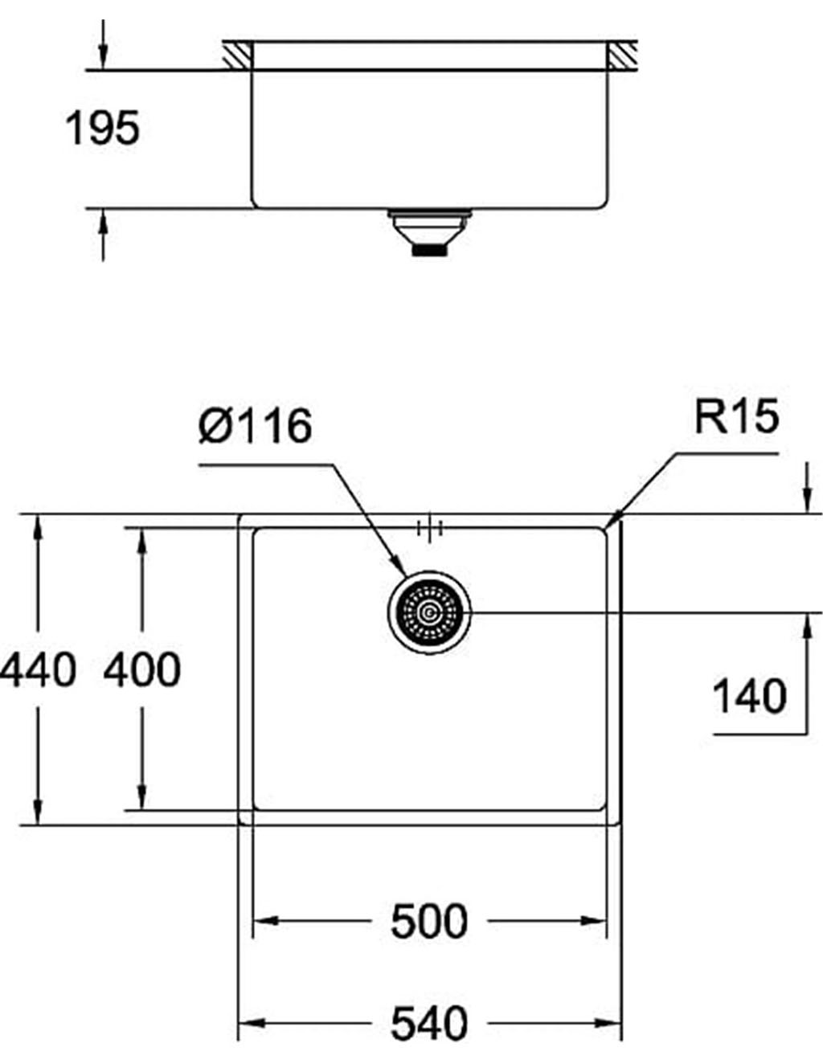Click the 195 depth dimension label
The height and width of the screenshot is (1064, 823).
[x=102, y=128]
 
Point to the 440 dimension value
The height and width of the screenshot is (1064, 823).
[x=37, y=670]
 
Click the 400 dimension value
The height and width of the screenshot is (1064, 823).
[x=142, y=670]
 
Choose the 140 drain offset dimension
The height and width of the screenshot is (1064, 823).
[x=750, y=696]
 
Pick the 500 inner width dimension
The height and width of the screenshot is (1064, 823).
[x=429, y=922]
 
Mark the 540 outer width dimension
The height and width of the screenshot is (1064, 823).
[x=429, y=1023]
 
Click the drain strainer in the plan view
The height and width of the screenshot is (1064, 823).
[x=430, y=612]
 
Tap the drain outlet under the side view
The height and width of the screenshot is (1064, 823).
[x=429, y=231]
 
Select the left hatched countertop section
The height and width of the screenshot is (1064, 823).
[x=237, y=55]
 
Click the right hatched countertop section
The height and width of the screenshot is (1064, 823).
[x=623, y=55]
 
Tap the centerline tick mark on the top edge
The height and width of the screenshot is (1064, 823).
[x=429, y=528]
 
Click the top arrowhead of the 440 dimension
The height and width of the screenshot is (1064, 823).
[x=39, y=528]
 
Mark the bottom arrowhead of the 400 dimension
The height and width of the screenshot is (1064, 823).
[x=142, y=796]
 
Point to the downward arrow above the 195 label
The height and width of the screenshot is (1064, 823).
[x=103, y=44]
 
